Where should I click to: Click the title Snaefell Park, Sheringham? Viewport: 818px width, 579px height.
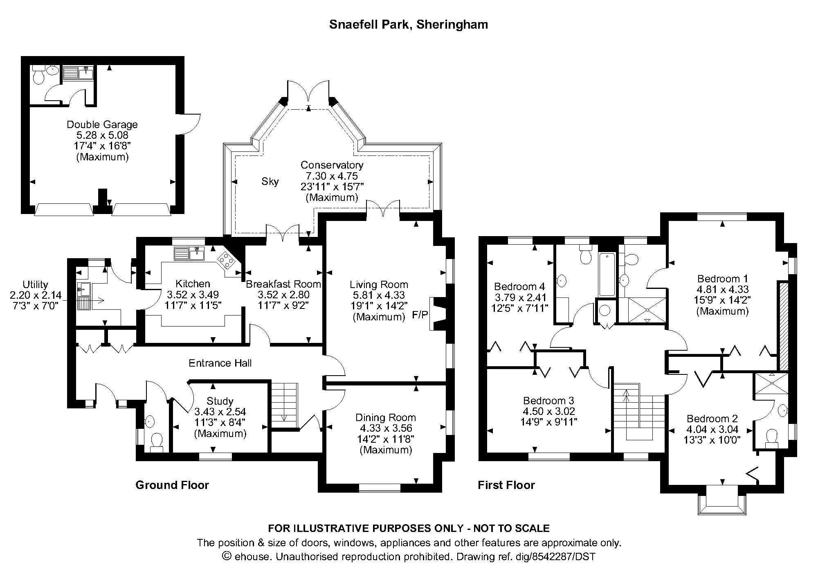coord(408,25)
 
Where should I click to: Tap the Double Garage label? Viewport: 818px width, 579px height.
coord(102,124)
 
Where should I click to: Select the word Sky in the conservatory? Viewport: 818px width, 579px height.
coord(270,181)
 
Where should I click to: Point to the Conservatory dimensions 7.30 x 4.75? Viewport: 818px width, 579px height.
coord(332,176)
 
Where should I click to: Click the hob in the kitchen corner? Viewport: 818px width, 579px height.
coord(226,260)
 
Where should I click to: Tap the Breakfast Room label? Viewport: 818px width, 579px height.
coord(283,284)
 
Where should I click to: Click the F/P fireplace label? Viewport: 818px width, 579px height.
coord(420,315)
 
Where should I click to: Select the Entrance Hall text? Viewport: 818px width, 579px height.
coord(220,363)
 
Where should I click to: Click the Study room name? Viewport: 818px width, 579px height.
coord(220,401)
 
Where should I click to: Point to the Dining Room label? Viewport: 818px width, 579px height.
coord(385,417)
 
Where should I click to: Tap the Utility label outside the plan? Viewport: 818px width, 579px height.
coord(36,284)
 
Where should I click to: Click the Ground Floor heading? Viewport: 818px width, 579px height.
coord(172,485)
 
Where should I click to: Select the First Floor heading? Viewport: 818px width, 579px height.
coord(506,485)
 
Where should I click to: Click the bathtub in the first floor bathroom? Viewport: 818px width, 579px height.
coord(607,275)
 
